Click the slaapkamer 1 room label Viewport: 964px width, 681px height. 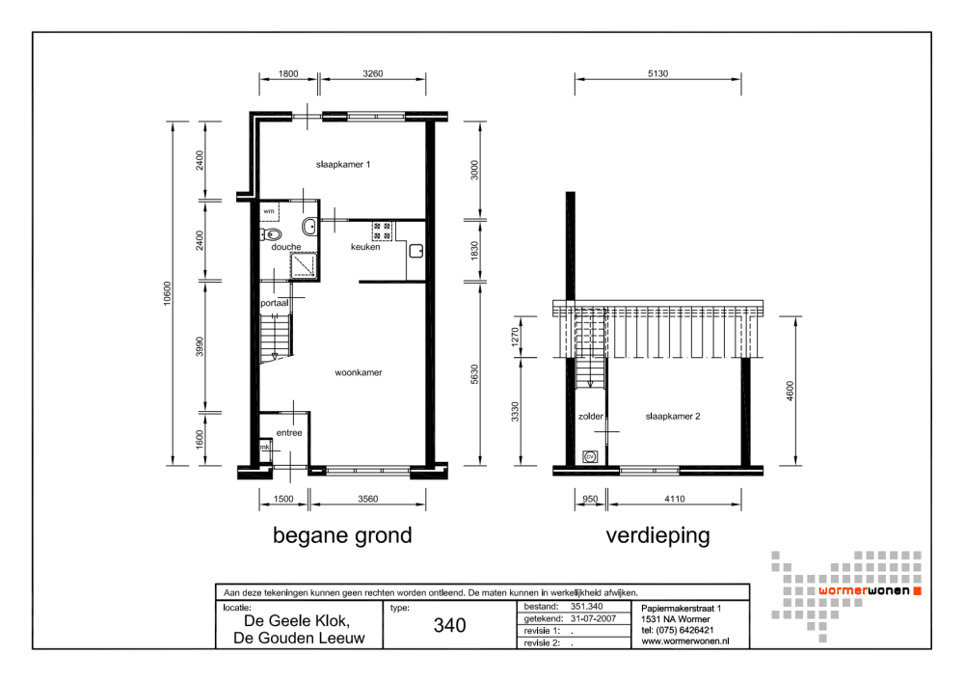click(343, 164)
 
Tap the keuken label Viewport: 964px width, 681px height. click(365, 247)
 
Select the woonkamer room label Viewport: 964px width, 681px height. click(359, 372)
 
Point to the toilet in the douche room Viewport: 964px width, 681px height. click(271, 233)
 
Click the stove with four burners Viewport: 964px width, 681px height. click(382, 232)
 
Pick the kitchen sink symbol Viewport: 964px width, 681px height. click(416, 251)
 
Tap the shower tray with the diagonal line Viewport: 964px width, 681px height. click(304, 265)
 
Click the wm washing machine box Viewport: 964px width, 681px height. click(269, 211)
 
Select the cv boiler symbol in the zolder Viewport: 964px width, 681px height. click(590, 456)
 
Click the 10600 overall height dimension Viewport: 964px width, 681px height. click(167, 293)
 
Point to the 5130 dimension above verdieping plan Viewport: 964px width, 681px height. click(657, 73)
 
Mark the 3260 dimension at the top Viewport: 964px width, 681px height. click(372, 73)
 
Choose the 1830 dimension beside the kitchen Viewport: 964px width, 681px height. click(474, 251)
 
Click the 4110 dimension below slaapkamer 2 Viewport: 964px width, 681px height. click(675, 499)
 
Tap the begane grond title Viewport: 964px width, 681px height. click(342, 535)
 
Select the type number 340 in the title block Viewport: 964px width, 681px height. click(449, 626)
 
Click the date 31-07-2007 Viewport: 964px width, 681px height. click(593, 619)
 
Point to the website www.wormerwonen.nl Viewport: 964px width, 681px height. click(684, 641)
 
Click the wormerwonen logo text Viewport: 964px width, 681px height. click(865, 591)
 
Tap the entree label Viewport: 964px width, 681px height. click(289, 432)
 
